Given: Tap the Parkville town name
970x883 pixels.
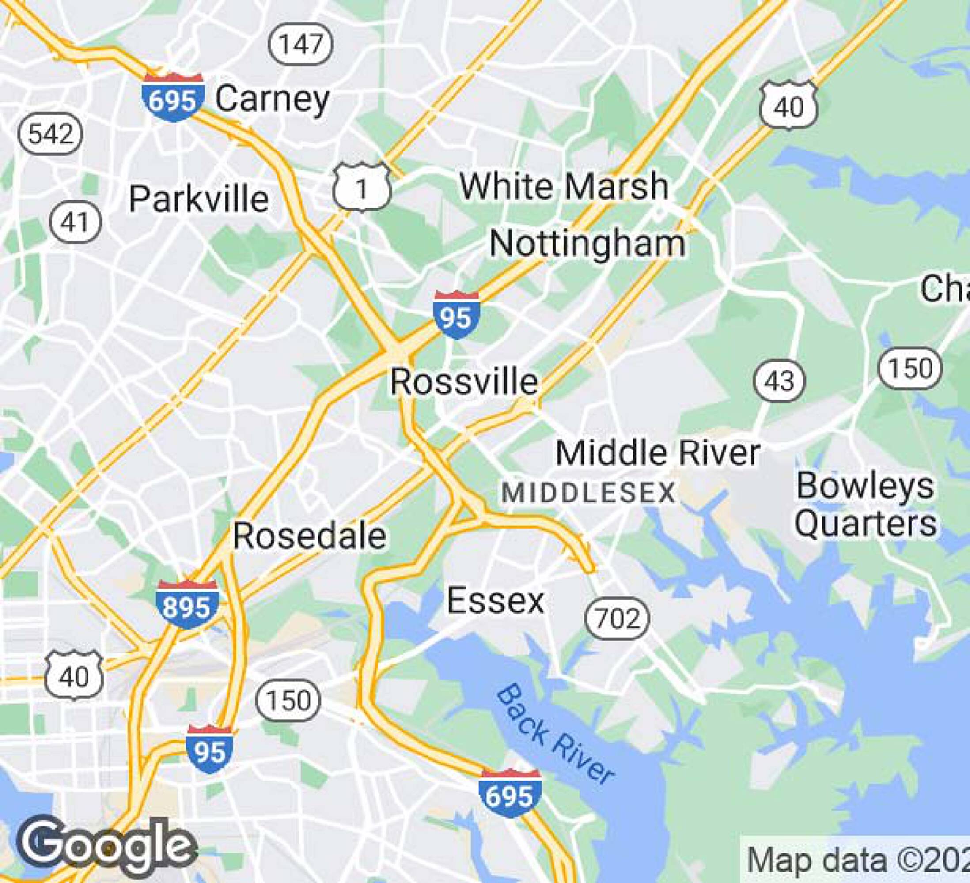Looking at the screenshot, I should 199,199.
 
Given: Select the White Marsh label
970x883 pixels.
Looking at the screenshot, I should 564,186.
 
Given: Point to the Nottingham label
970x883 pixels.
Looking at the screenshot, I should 587,243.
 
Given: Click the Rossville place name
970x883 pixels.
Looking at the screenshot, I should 464,382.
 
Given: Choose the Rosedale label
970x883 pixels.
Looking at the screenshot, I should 309,536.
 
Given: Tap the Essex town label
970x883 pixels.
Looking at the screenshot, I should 496,600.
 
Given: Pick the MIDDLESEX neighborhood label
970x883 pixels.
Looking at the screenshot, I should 588,494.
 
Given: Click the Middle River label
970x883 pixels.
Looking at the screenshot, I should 658,453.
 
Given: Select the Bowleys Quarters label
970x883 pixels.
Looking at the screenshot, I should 865,505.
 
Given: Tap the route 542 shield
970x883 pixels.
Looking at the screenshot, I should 50,133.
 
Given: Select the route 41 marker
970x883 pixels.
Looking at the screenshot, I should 76,222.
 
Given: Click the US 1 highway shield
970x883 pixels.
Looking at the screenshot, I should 362,188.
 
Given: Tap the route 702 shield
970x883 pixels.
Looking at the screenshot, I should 617,619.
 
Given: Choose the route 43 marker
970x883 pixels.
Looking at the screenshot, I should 779,381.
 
